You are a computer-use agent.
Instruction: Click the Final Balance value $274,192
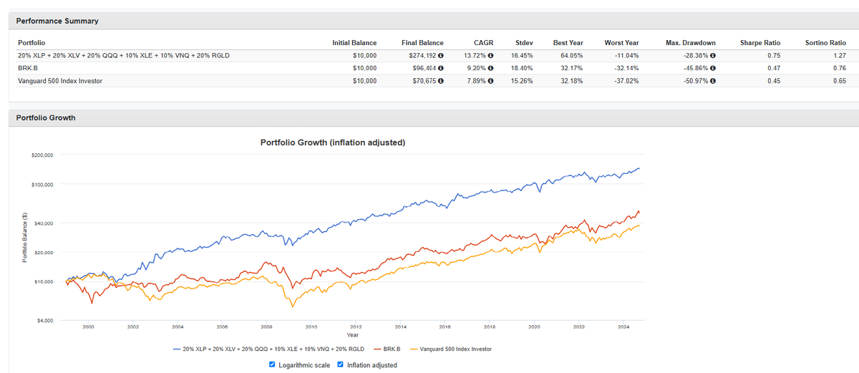point(422,56)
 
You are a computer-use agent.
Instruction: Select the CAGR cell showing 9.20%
point(476,68)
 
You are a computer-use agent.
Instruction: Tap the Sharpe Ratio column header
point(760,43)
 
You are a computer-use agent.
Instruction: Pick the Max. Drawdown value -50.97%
point(696,81)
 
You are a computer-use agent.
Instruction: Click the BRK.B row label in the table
point(28,68)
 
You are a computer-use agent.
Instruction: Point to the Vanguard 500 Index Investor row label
point(60,81)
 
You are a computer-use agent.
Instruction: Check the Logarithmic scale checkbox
point(272,364)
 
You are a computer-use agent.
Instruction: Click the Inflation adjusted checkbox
point(340,364)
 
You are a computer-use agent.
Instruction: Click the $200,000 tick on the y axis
point(42,155)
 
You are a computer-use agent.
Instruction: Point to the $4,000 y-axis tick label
point(45,321)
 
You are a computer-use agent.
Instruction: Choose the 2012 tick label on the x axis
point(356,327)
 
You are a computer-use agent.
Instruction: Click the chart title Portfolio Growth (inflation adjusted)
point(332,142)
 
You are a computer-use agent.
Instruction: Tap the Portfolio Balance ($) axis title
point(24,238)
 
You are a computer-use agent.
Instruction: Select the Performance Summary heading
point(57,21)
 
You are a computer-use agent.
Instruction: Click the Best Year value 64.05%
point(571,56)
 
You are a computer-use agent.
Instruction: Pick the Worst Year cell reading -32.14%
point(626,68)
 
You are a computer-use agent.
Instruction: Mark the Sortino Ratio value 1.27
point(840,56)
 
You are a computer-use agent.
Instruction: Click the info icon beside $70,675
point(441,81)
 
